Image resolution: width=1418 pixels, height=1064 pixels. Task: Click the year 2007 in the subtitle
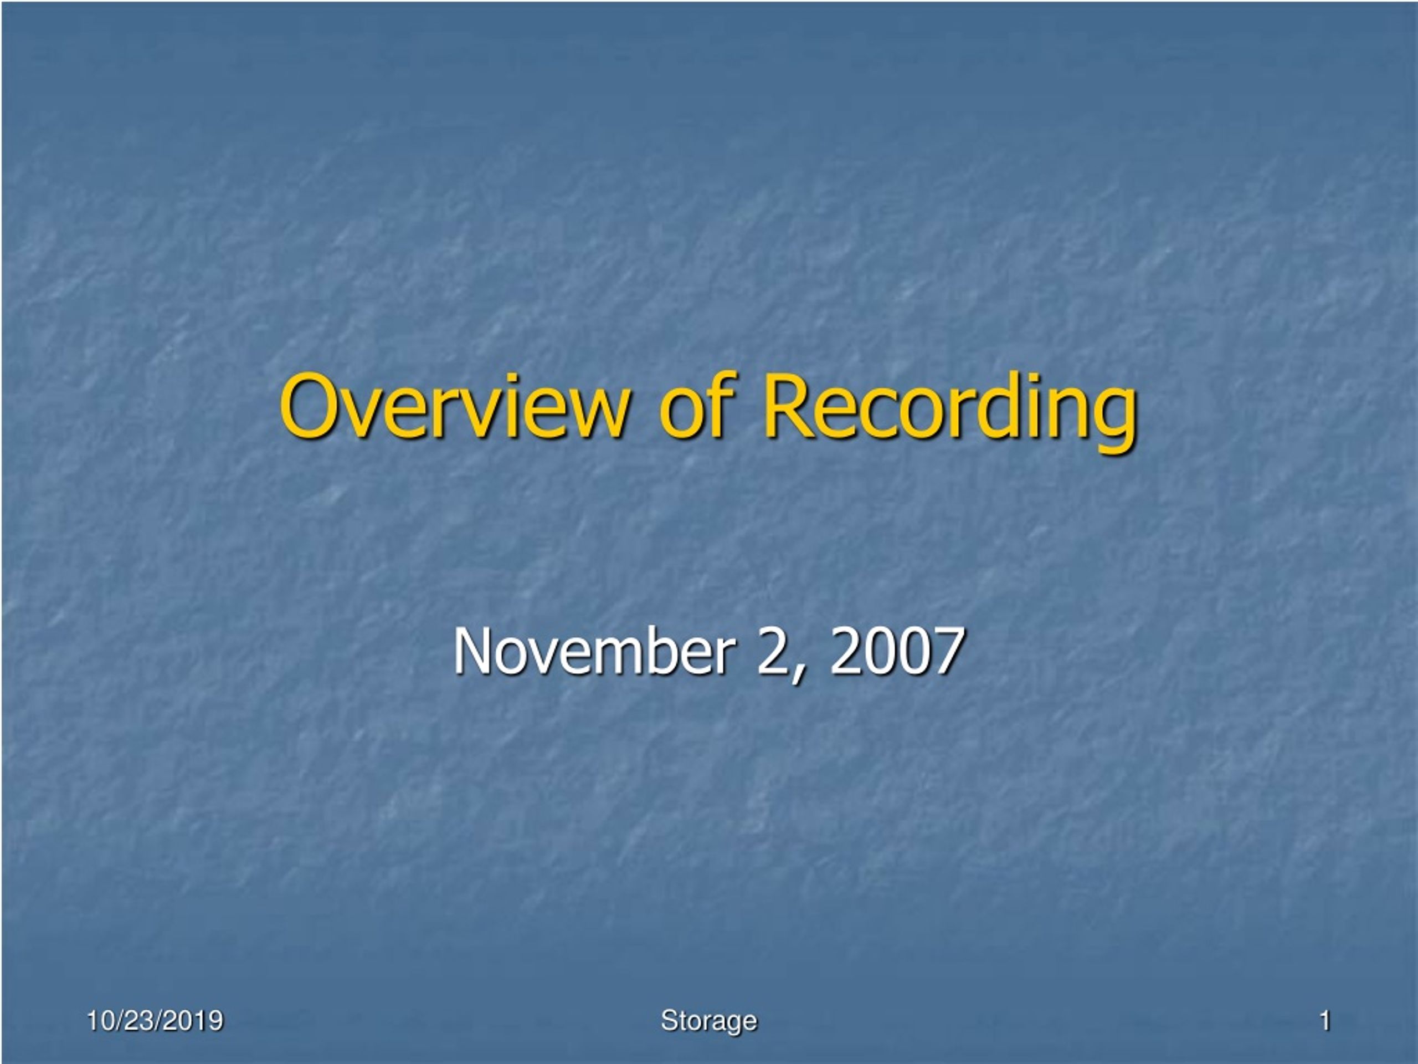pos(897,651)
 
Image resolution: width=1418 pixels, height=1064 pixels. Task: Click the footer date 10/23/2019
pos(155,1020)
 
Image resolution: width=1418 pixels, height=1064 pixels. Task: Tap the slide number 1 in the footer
pos(1325,1020)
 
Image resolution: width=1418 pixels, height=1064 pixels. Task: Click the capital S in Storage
pos(669,1020)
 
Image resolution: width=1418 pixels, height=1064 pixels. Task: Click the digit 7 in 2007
pos(949,651)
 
